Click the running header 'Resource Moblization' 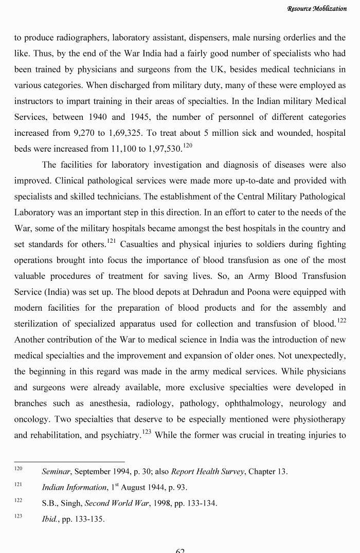317,9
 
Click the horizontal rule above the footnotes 69,461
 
